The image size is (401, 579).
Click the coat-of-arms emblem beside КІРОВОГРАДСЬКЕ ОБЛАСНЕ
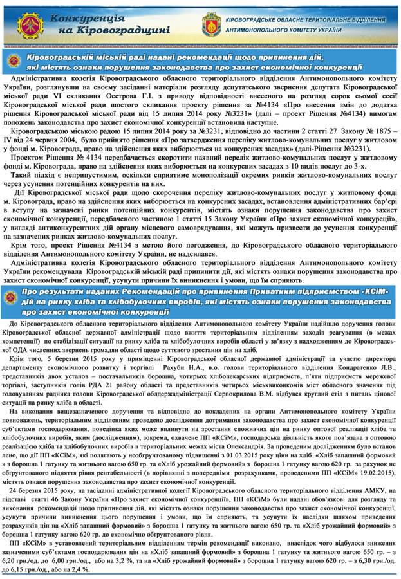(212, 24)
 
